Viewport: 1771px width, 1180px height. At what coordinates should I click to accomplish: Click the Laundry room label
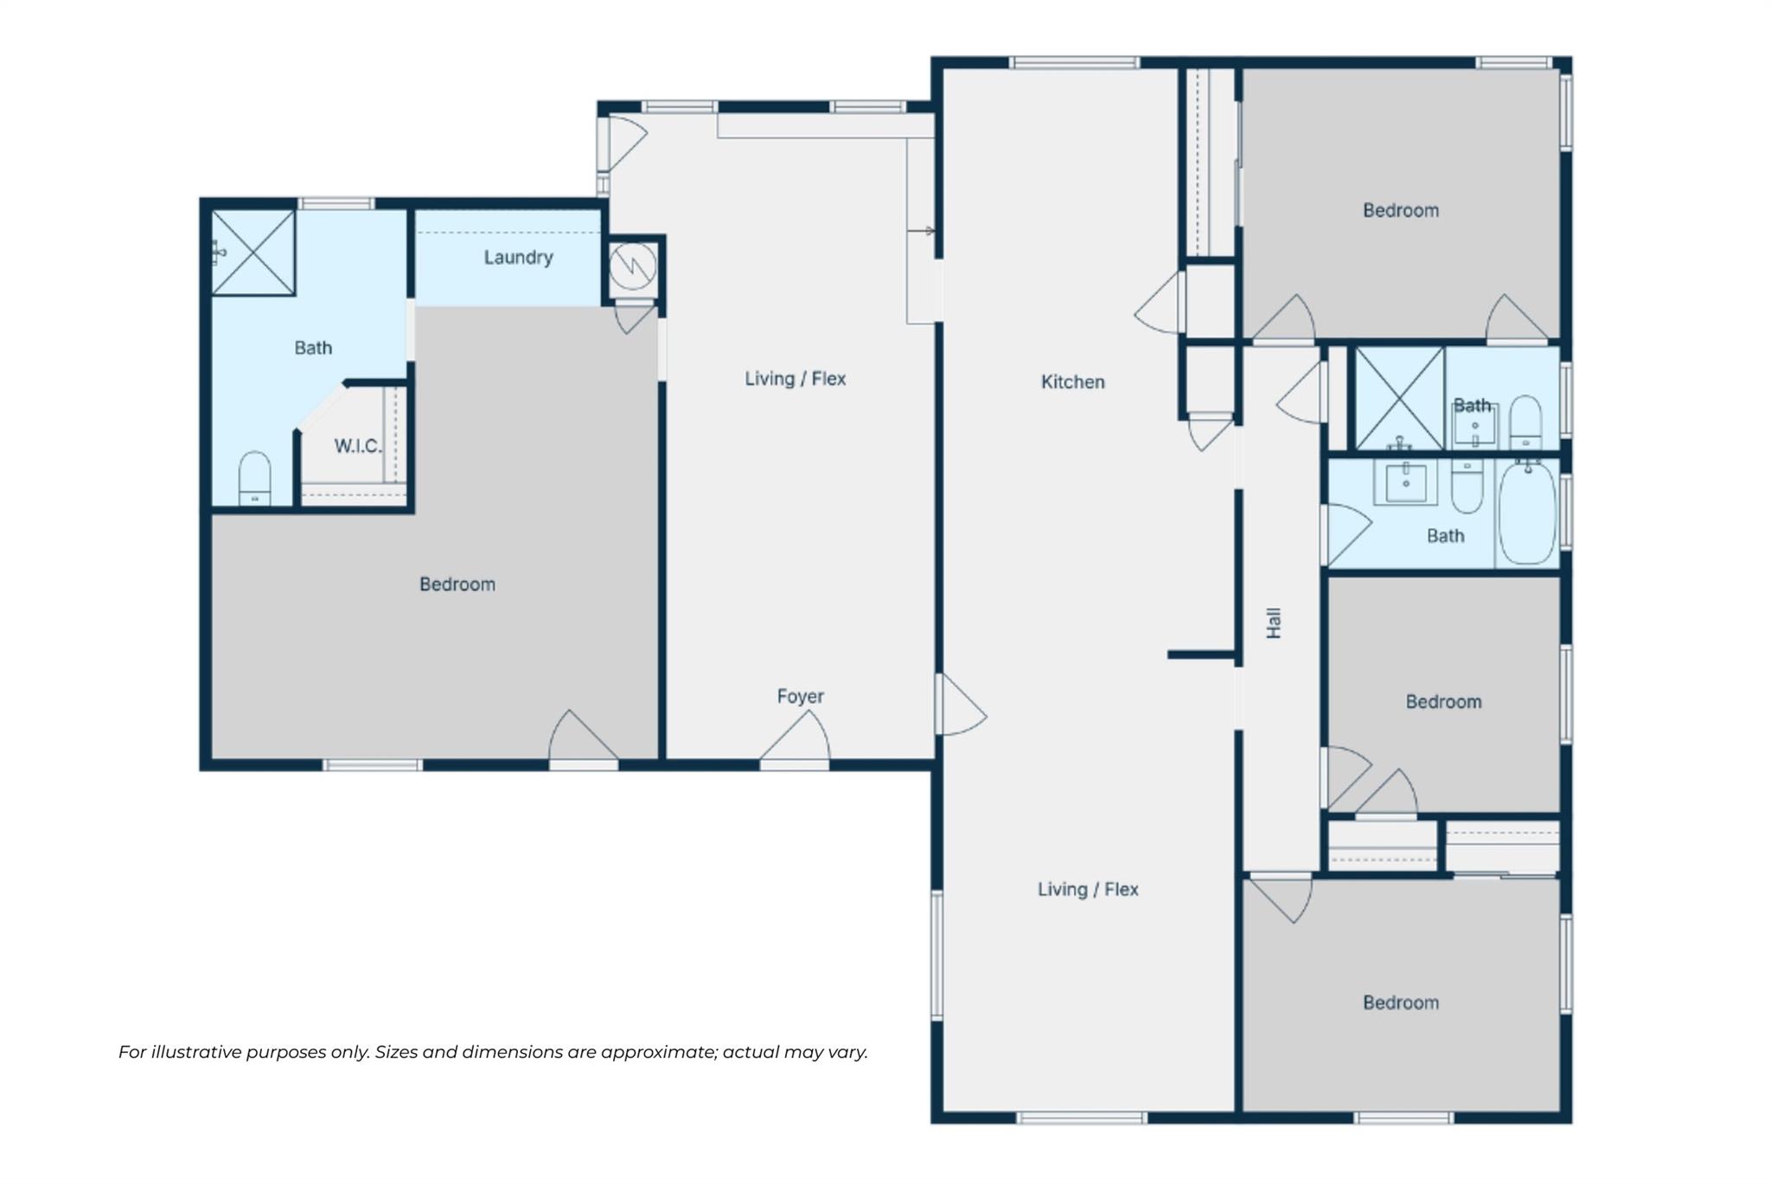point(518,258)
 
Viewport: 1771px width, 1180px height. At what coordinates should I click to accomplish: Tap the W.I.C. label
point(357,446)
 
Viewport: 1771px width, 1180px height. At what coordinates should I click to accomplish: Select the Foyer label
point(800,696)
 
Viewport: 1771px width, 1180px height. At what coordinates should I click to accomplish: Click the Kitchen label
point(1072,382)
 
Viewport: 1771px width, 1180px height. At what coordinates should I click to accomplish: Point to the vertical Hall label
point(1274,623)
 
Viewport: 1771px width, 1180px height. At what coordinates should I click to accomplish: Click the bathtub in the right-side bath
point(1526,513)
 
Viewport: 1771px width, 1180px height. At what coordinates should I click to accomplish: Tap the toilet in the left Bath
point(254,478)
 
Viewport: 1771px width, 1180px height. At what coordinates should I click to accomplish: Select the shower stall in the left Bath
point(253,252)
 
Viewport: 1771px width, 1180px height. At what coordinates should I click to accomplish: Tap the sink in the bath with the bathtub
point(1406,482)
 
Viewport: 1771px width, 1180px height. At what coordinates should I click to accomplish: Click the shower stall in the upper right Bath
point(1399,399)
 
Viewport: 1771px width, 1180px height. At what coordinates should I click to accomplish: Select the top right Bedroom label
point(1400,210)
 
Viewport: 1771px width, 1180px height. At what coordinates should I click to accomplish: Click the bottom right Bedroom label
point(1400,1003)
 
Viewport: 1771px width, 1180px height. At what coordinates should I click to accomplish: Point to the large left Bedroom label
point(457,584)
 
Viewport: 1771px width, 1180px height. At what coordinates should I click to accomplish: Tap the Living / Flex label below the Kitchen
point(1087,890)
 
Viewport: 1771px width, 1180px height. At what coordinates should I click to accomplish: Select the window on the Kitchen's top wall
point(1074,63)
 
